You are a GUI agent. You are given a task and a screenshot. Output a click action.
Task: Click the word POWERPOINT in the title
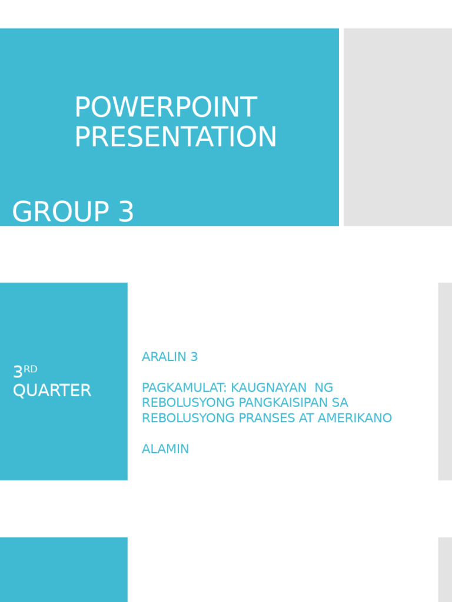(165, 108)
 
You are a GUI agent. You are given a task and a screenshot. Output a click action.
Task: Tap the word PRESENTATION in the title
(175, 137)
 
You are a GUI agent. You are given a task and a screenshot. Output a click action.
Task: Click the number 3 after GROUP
(126, 212)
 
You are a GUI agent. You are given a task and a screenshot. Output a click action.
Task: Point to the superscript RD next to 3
(31, 369)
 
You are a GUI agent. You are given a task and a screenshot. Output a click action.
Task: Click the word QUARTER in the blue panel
(52, 390)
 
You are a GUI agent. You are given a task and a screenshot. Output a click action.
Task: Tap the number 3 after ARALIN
(194, 357)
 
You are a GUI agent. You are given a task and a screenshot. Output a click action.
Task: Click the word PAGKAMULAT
(184, 387)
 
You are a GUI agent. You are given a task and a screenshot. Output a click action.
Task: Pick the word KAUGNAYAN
(269, 387)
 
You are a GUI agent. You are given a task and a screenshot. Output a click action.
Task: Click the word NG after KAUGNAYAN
(324, 387)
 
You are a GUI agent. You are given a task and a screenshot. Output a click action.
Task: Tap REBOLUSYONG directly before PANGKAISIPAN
(184, 403)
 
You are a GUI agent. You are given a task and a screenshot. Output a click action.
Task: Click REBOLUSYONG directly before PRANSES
(184, 418)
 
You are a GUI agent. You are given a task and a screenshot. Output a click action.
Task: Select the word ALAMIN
(165, 449)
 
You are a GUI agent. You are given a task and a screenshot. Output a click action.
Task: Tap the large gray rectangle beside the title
(397, 127)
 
